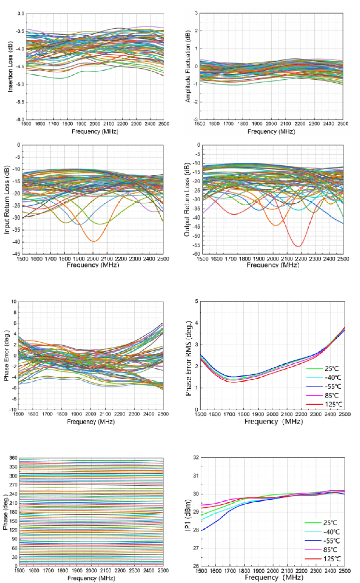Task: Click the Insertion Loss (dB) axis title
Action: coord(10,66)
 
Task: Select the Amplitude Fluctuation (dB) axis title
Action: coord(188,66)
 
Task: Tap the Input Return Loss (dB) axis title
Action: coord(7,199)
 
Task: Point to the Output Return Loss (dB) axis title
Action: coord(187,199)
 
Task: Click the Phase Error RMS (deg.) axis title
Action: coord(188,358)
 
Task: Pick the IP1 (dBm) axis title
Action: coord(188,515)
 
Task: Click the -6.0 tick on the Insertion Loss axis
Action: coord(20,119)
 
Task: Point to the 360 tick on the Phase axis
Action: coord(13,458)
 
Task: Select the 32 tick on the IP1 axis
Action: coord(196,458)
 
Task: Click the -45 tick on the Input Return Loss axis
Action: coord(17,254)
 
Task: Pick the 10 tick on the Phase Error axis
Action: coord(14,302)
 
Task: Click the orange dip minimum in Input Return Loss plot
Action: coord(93,241)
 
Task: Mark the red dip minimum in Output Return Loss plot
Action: coord(298,246)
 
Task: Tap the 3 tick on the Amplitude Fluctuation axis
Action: coord(197,13)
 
